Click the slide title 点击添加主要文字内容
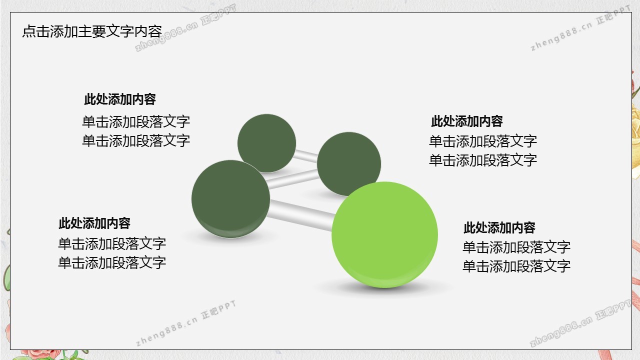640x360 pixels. click(x=92, y=31)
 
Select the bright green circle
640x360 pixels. click(x=384, y=234)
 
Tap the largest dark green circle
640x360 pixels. click(x=230, y=199)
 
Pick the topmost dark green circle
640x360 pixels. click(x=266, y=143)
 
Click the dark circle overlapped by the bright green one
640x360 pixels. click(x=349, y=163)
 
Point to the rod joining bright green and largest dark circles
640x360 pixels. click(x=300, y=215)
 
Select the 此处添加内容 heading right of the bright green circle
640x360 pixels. click(x=499, y=227)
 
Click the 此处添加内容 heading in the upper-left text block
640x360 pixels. click(x=119, y=99)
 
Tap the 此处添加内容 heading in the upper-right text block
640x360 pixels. click(x=467, y=121)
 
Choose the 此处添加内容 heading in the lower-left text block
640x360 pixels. click(x=94, y=223)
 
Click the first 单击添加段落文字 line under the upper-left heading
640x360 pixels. click(x=136, y=121)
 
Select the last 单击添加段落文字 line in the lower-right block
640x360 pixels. click(x=516, y=266)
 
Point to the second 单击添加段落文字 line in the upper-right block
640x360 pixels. click(x=483, y=160)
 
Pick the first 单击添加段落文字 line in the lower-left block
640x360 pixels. click(x=112, y=243)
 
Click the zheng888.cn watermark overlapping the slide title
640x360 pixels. click(x=185, y=28)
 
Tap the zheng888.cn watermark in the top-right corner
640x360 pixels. click(x=580, y=28)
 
